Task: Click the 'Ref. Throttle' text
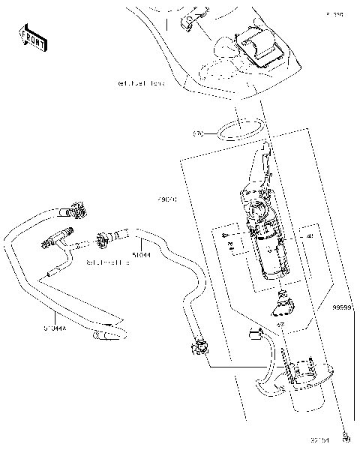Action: [108, 263]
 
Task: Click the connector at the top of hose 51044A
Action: [76, 207]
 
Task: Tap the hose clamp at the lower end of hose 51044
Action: [200, 347]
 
